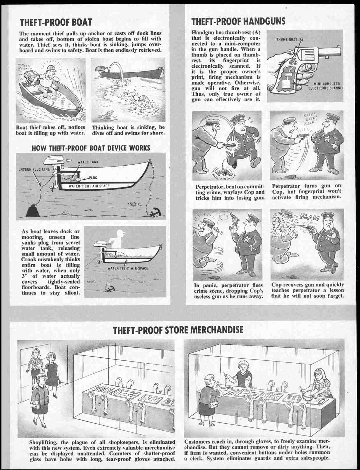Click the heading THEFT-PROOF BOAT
(56, 22)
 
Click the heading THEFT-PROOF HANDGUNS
(238, 21)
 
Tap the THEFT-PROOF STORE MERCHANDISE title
(178, 330)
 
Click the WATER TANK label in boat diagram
(87, 162)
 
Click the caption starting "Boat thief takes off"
(50, 130)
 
